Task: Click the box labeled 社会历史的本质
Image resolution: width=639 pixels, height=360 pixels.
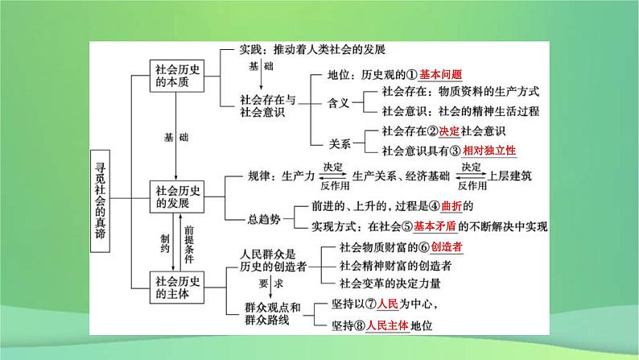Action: pos(177,76)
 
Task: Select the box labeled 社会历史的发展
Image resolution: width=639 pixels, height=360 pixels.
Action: pos(177,197)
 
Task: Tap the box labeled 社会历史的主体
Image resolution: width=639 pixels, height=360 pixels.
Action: pos(177,288)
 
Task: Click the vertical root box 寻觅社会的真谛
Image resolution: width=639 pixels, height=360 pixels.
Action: pos(101,201)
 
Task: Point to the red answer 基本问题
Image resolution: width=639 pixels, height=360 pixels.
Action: pos(440,75)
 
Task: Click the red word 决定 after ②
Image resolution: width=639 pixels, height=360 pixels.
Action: pos(449,131)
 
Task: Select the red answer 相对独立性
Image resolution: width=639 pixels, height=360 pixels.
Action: pos(489,151)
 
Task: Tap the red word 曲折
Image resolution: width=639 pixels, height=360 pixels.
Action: pos(451,206)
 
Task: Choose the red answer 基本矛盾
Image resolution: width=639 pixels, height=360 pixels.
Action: pos(435,226)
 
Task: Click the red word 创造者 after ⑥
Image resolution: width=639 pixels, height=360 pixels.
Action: pos(447,247)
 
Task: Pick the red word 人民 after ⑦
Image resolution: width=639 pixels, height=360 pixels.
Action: pos(388,304)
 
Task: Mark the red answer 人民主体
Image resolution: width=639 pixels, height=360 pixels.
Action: pos(387,325)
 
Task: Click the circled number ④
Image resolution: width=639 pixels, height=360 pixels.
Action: pos(435,207)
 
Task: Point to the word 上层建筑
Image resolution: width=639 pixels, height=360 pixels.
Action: pos(509,176)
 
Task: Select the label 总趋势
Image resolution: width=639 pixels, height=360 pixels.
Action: pos(264,219)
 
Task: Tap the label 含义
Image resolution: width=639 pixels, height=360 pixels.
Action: pos(339,103)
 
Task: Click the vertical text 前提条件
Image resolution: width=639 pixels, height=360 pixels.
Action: pos(188,245)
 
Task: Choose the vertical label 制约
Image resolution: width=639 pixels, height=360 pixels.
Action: pos(165,243)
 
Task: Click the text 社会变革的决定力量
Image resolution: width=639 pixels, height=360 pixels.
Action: pos(390,283)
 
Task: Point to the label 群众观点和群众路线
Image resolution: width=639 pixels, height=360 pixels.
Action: pos(272,313)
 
